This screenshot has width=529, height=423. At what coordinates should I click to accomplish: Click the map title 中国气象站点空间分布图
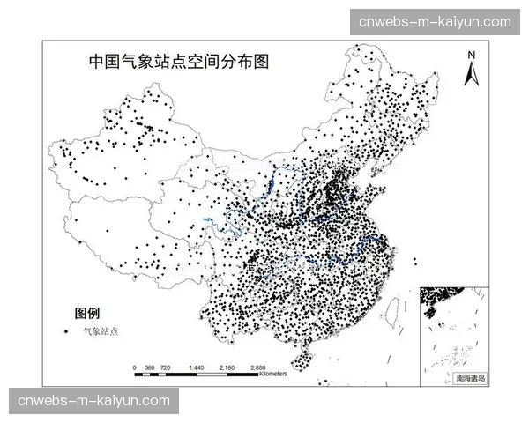[178, 63]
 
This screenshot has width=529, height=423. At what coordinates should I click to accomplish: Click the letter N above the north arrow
[472, 55]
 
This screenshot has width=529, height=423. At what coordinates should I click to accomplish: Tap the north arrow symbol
[472, 72]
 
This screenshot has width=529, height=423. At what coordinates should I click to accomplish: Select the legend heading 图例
[87, 313]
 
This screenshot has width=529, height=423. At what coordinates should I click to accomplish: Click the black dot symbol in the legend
[66, 331]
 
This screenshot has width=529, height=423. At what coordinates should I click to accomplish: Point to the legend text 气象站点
[100, 331]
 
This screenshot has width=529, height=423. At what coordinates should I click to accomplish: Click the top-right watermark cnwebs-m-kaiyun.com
[436, 21]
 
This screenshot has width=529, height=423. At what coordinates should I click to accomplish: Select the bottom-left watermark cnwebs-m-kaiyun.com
[93, 401]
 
